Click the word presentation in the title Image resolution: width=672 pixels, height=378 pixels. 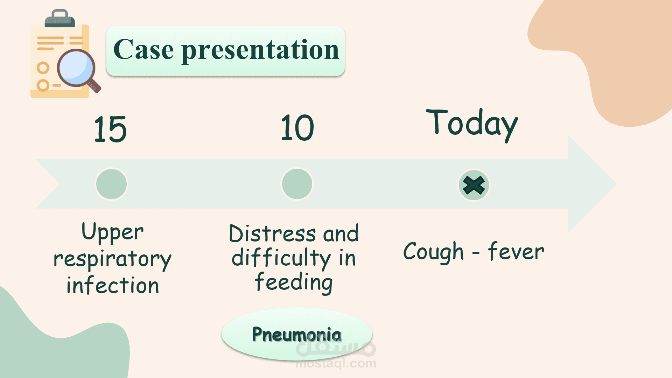[260, 51]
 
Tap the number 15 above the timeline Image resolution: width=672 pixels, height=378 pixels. [110, 129]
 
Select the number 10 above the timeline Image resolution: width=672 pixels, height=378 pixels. [297, 128]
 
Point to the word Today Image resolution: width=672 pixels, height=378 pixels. [472, 124]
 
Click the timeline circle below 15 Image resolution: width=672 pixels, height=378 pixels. [111, 184]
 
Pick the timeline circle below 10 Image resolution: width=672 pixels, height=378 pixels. [297, 184]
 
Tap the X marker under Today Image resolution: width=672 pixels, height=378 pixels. [474, 185]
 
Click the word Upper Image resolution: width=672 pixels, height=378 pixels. [113, 232]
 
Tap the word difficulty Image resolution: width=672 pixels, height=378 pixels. [281, 258]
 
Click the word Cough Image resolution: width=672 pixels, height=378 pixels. [434, 252]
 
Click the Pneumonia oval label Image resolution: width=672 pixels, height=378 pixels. [297, 334]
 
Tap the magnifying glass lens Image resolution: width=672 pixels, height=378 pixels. [76, 68]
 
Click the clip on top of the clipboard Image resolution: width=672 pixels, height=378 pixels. [60, 19]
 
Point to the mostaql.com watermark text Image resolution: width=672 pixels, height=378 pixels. [336, 364]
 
